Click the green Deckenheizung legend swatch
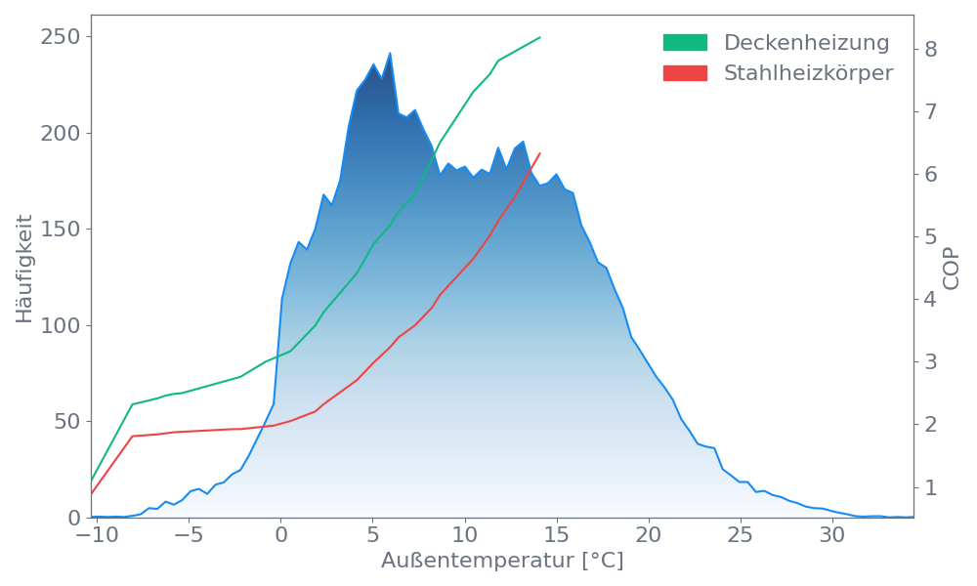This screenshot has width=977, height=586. click(x=685, y=43)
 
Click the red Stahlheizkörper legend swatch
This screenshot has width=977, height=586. click(x=685, y=73)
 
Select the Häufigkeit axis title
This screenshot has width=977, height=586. click(x=24, y=269)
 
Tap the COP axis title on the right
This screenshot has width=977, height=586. click(x=952, y=267)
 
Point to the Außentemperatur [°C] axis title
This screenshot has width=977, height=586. click(x=502, y=562)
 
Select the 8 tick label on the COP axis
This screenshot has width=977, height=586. click(x=931, y=49)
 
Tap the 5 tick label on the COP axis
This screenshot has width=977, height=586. click(x=931, y=237)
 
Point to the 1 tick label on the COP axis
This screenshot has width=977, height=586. click(x=931, y=487)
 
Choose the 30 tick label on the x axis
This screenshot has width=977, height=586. click(x=831, y=536)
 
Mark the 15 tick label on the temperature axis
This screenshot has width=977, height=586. click(x=556, y=536)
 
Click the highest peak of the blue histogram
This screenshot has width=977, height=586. click(x=390, y=54)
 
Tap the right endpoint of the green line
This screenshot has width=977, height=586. click(x=540, y=37)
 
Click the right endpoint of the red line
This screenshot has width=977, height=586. click(x=540, y=152)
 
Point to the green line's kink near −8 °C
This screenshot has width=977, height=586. click(x=132, y=404)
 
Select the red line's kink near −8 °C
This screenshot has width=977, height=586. click(x=132, y=436)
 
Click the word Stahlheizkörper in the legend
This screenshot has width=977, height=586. click(x=808, y=73)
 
